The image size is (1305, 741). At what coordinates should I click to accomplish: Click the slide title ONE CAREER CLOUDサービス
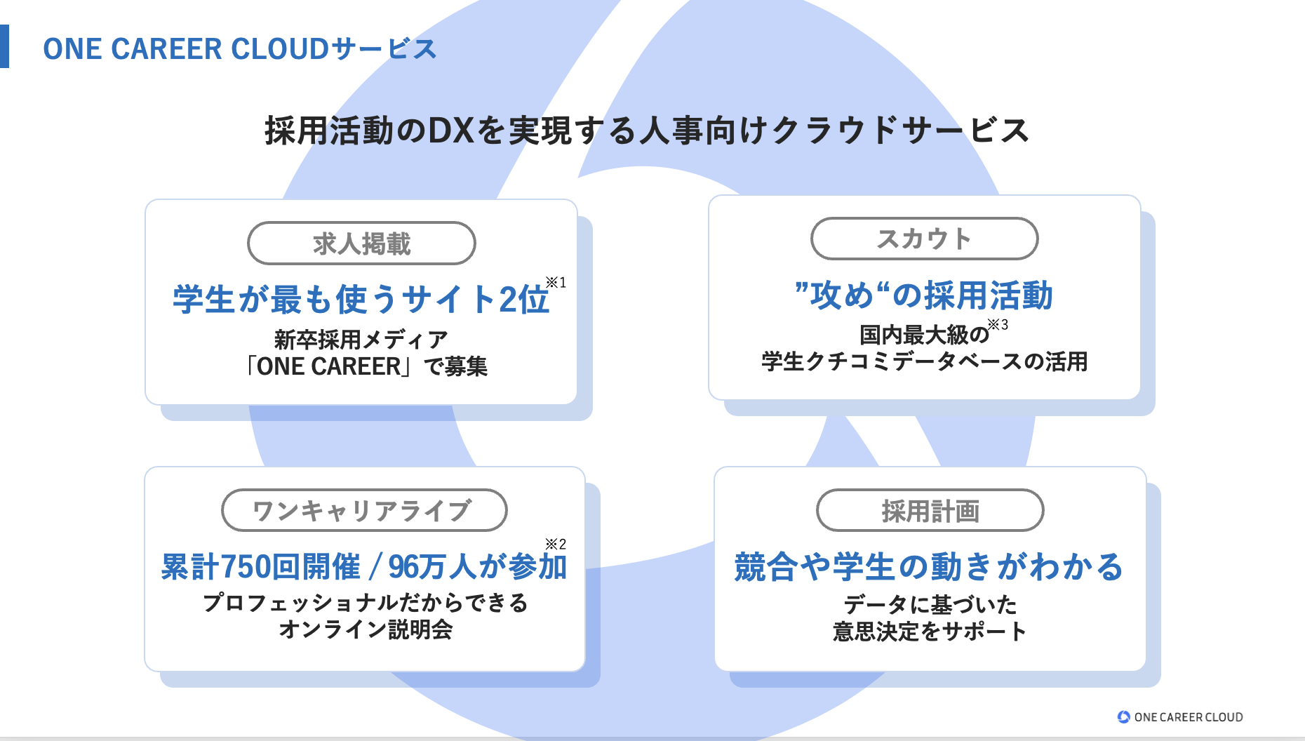pyautogui.click(x=239, y=49)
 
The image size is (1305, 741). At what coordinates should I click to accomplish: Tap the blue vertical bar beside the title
pyautogui.click(x=4, y=46)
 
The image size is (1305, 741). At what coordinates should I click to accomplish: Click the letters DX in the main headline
pyautogui.click(x=450, y=131)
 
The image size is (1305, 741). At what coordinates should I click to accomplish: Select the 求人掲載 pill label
pyautogui.click(x=361, y=243)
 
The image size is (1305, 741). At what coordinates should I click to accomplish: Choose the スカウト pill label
pyautogui.click(x=924, y=239)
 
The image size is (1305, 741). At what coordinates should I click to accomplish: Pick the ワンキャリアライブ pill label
pyautogui.click(x=363, y=510)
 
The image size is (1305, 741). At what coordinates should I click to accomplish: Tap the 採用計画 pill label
pyautogui.click(x=930, y=511)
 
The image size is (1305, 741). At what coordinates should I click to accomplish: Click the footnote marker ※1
pyautogui.click(x=556, y=283)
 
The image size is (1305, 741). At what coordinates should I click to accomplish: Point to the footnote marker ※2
pyautogui.click(x=556, y=544)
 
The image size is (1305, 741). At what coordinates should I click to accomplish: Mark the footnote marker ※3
pyautogui.click(x=998, y=325)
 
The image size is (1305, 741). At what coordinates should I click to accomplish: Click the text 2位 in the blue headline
pyautogui.click(x=523, y=300)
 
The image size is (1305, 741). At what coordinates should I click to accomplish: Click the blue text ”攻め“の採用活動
pyautogui.click(x=923, y=295)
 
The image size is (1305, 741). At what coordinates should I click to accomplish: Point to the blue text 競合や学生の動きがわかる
pyautogui.click(x=929, y=567)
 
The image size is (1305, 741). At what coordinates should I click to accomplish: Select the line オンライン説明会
pyautogui.click(x=365, y=629)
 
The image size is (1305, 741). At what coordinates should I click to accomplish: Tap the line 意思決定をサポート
pyautogui.click(x=929, y=632)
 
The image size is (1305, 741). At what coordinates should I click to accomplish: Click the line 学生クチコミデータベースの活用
pyautogui.click(x=924, y=362)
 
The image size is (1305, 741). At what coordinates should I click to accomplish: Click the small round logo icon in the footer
pyautogui.click(x=1123, y=716)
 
